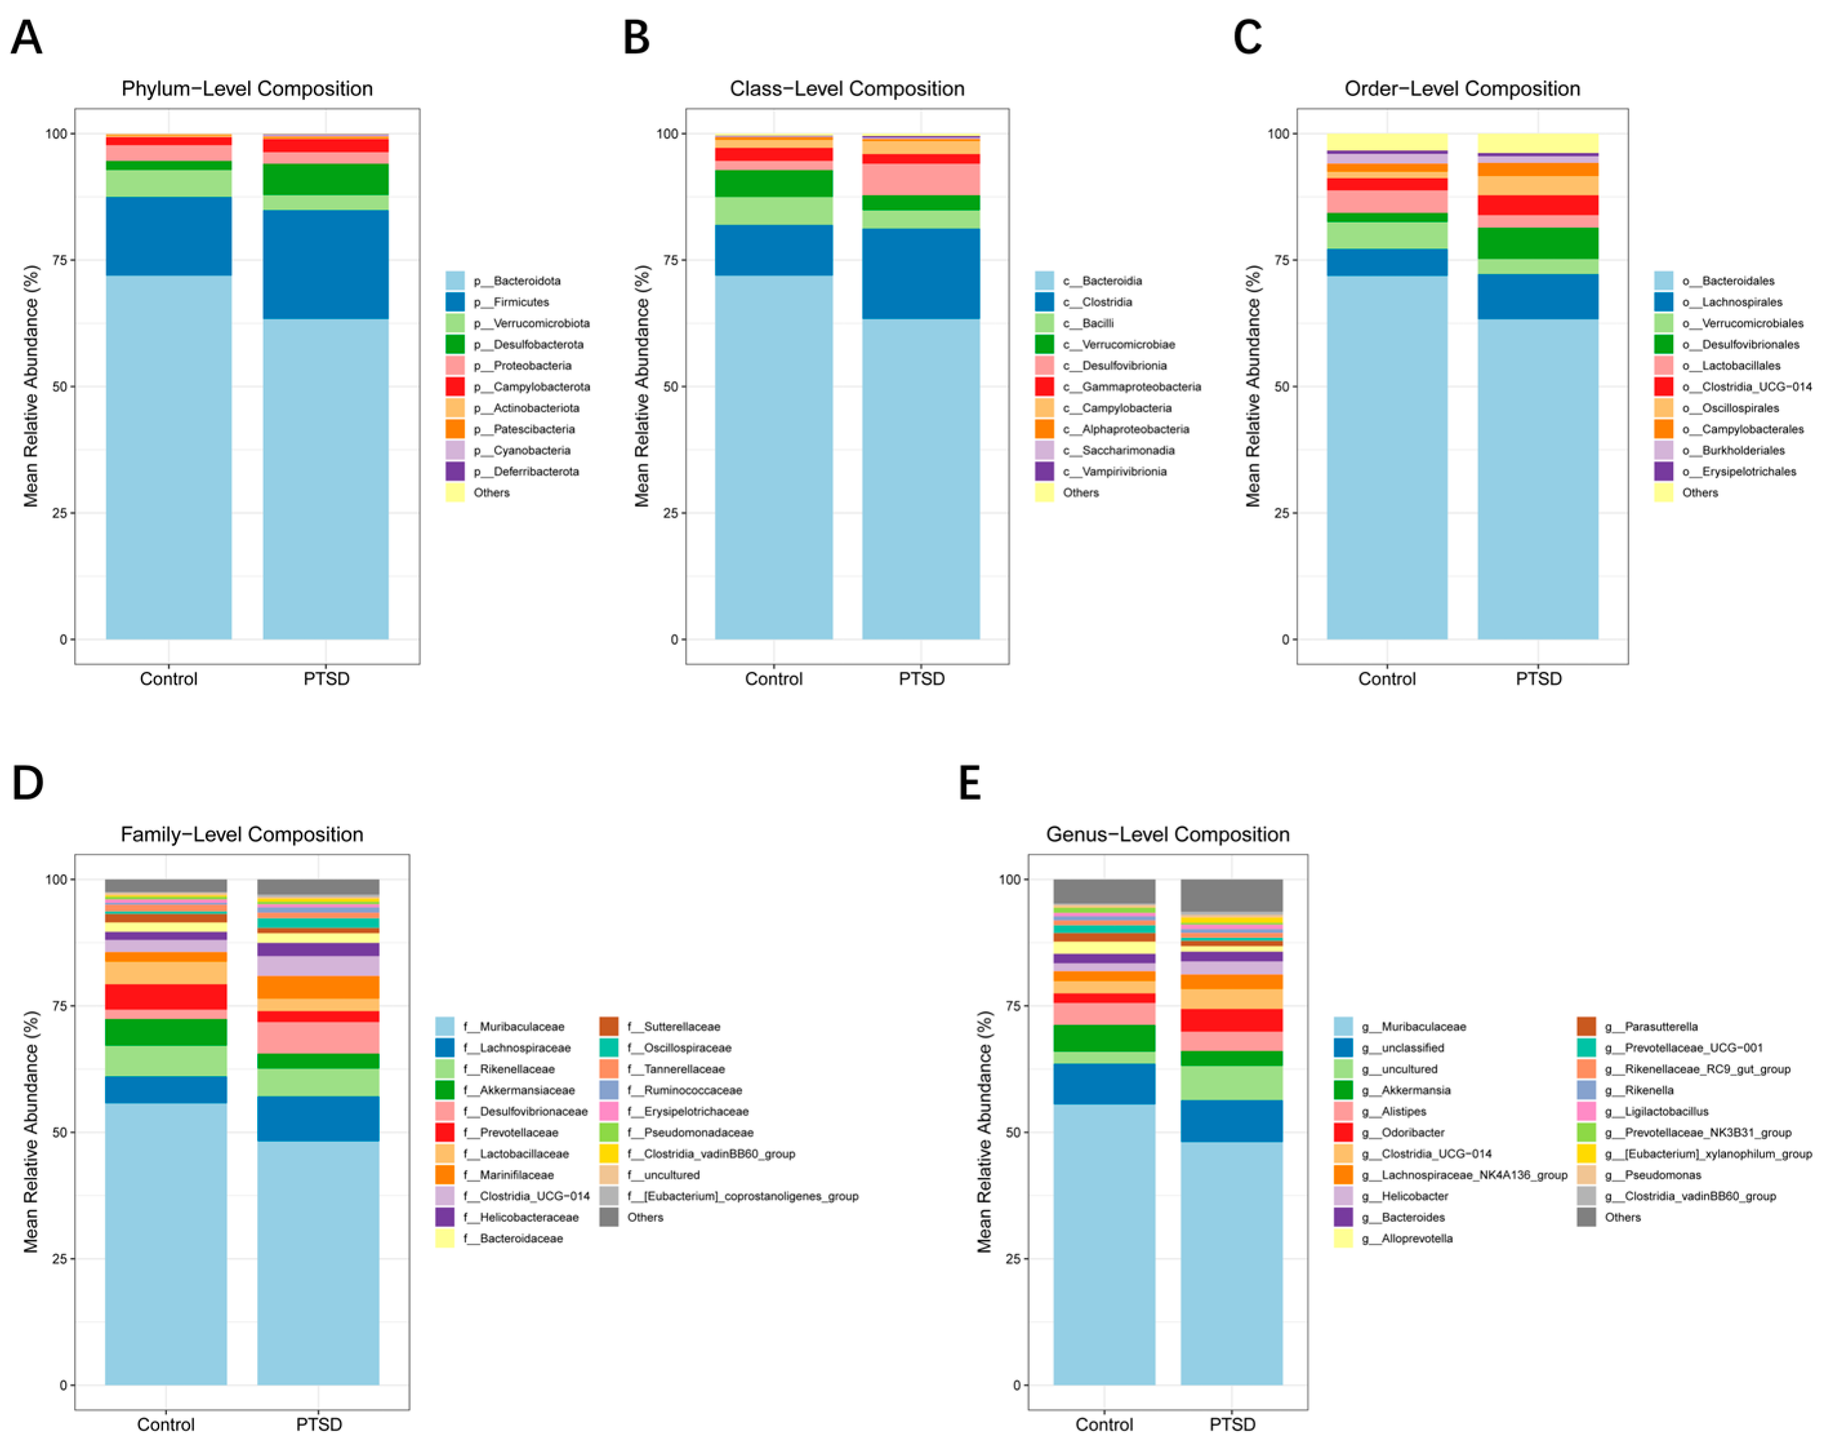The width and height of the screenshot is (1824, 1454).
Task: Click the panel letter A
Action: pos(26,38)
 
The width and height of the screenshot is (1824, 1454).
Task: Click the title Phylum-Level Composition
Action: pos(246,89)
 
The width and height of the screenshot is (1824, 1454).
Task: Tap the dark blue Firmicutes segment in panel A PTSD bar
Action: pos(325,264)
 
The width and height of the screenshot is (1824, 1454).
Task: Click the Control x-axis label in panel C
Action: pos(1386,679)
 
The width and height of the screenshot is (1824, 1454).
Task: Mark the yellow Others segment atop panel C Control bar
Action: pos(1386,141)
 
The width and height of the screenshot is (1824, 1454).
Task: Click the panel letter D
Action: pos(27,783)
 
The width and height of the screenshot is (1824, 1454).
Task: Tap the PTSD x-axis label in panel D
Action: pos(319,1424)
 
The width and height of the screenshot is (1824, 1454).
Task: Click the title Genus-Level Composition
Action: pos(1167,834)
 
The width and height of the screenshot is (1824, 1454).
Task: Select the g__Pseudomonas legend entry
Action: pos(1662,1175)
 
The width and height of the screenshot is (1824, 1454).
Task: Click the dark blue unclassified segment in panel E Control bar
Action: pos(1103,1083)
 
